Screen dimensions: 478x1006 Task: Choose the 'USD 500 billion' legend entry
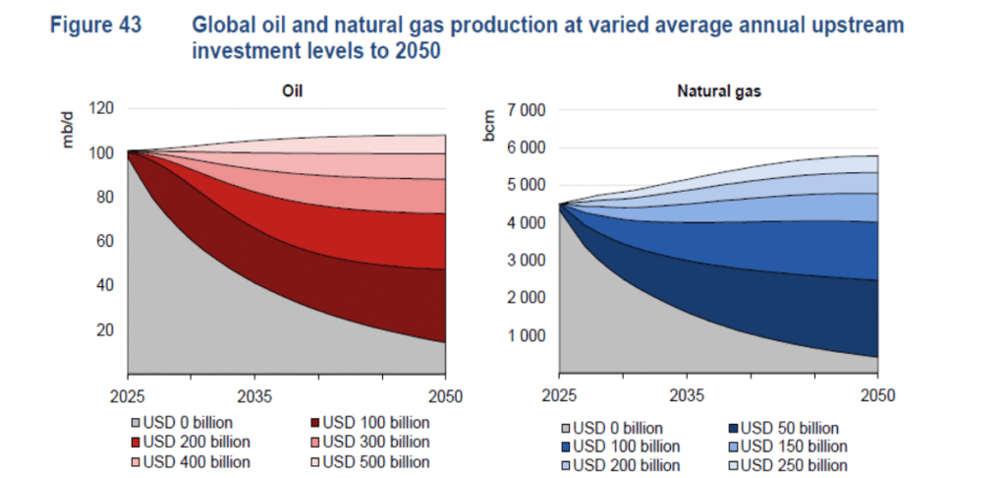pyautogui.click(x=375, y=460)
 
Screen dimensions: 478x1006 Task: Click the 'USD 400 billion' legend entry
pyautogui.click(x=196, y=460)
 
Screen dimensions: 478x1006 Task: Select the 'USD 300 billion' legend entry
pyautogui.click(x=375, y=442)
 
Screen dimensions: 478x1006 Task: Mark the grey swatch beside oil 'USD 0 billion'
pyautogui.click(x=136, y=423)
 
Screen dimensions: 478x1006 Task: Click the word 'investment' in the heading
pyautogui.click(x=246, y=51)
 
